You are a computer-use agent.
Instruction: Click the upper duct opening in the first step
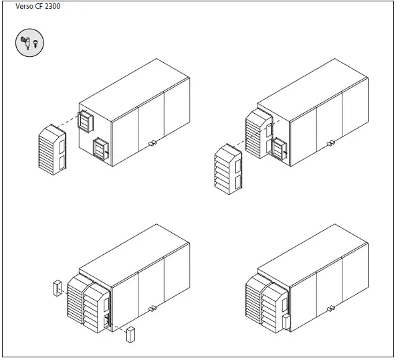[86, 121]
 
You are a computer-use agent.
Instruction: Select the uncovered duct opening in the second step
[279, 151]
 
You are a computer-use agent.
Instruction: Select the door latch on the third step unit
[152, 308]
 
